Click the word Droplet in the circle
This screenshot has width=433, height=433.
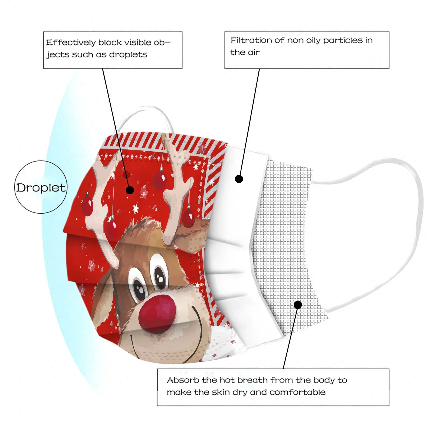41,188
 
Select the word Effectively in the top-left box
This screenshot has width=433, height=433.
71,42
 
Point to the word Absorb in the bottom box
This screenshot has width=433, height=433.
183,380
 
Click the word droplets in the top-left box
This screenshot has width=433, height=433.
128,55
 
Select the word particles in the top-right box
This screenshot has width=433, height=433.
343,40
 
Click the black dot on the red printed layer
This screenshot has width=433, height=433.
130,190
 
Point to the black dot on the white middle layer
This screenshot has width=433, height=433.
239,179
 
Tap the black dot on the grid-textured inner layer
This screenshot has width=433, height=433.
298,305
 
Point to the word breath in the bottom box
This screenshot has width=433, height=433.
253,380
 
